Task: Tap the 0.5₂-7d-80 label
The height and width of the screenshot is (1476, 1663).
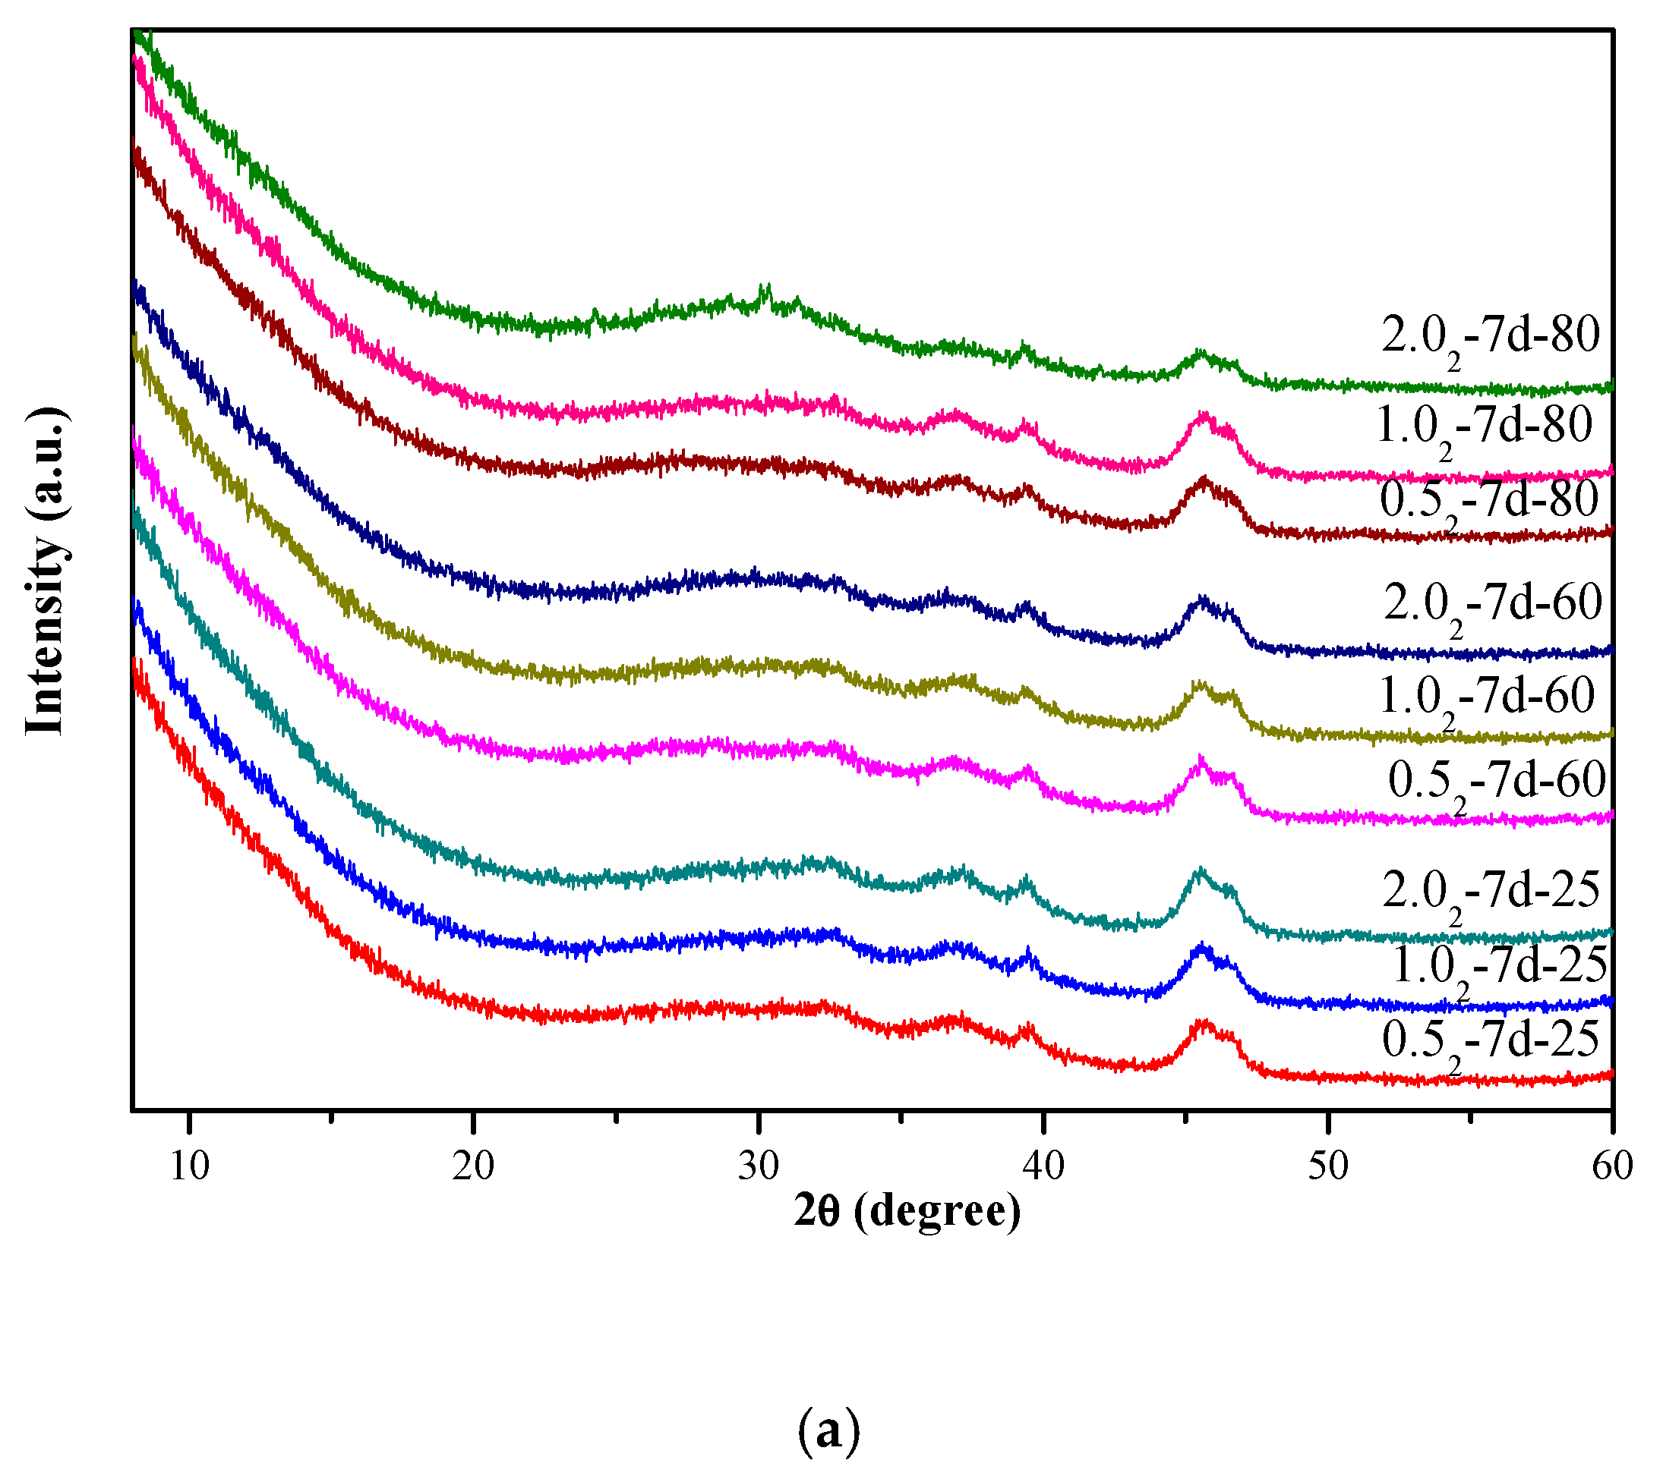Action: (x=1489, y=501)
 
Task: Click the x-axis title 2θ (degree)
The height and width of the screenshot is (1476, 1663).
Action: (x=907, y=1212)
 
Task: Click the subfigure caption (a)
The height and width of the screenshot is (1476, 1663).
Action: (x=828, y=1430)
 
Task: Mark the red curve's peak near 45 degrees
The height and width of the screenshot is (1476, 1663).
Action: (x=1203, y=1023)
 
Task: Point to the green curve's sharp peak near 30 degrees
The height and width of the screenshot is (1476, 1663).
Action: (x=765, y=289)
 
